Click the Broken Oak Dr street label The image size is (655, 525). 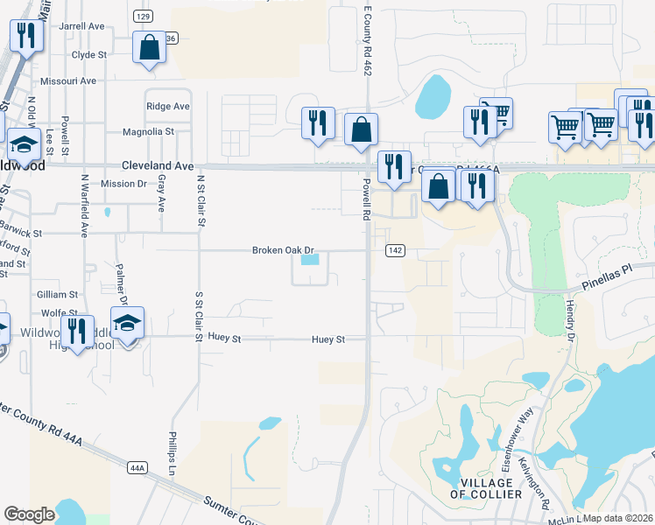(x=283, y=250)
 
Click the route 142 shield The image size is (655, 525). (x=395, y=251)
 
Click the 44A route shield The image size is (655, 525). (x=137, y=468)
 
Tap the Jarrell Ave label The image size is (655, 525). (x=81, y=26)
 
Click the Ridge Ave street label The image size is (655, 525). (x=168, y=106)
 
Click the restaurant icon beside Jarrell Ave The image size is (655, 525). (x=25, y=36)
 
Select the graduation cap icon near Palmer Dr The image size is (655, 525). (x=127, y=323)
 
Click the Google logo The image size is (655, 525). (x=29, y=514)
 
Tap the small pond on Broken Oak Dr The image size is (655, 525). (x=310, y=259)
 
